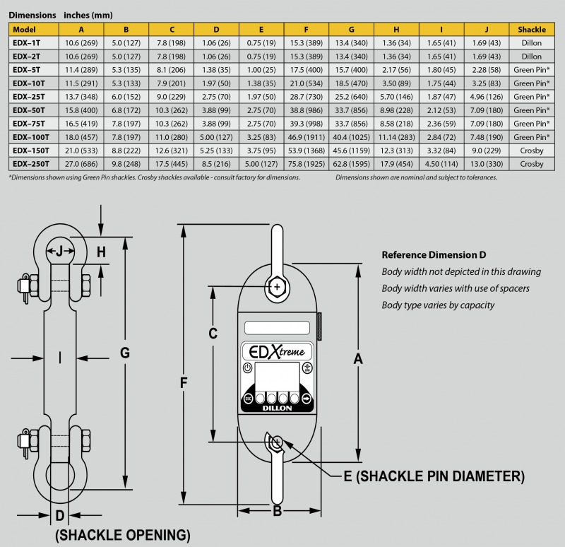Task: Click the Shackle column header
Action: click(x=532, y=30)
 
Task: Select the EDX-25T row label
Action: click(x=29, y=97)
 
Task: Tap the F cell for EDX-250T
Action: click(x=307, y=164)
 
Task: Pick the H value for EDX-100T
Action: click(x=396, y=137)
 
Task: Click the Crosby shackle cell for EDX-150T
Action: click(x=532, y=151)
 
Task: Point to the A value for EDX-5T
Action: click(x=81, y=70)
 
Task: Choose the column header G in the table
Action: click(x=351, y=30)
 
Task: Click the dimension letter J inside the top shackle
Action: click(x=60, y=251)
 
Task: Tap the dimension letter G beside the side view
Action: click(x=125, y=353)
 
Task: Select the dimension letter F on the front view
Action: click(x=184, y=382)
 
